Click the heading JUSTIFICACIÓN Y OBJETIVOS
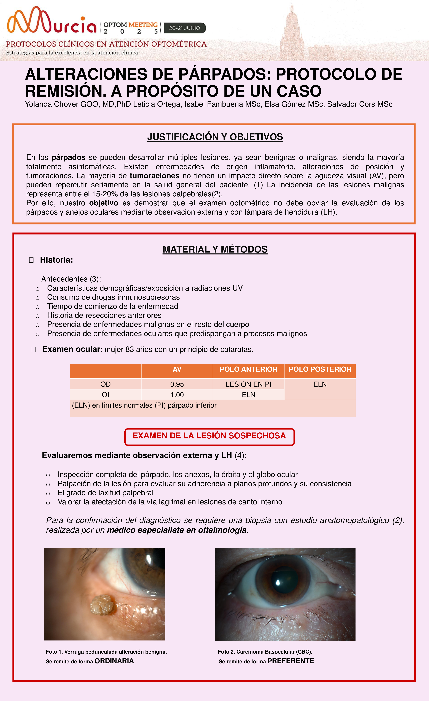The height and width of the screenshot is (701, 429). pyautogui.click(x=215, y=137)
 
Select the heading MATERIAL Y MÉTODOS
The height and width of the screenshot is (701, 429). pyautogui.click(x=215, y=249)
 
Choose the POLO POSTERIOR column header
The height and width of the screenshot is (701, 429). pyautogui.click(x=320, y=369)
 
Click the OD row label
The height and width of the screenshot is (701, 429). pyautogui.click(x=105, y=384)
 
